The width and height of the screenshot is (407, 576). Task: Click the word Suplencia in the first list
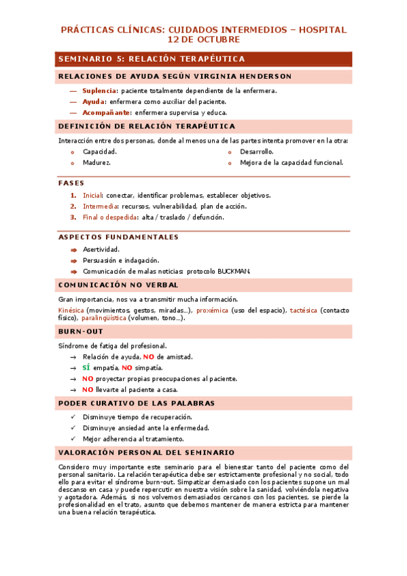pos(99,90)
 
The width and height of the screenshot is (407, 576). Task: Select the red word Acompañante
pos(107,113)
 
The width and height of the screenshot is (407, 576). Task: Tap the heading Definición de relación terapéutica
pos(147,126)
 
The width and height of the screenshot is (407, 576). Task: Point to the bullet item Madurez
pos(96,163)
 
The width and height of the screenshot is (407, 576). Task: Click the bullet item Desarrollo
pos(256,151)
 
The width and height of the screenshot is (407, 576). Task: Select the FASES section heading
pos(71,183)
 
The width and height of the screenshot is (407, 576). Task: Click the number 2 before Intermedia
pos(73,206)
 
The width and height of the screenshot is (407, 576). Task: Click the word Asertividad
pos(101,249)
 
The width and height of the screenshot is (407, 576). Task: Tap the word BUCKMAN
pos(234,272)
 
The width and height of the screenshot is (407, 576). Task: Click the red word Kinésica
pos(72,310)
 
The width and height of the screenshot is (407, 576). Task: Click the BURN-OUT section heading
pos(80,331)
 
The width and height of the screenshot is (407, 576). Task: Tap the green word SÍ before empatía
pos(86,367)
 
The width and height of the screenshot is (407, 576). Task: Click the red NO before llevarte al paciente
pos(88,390)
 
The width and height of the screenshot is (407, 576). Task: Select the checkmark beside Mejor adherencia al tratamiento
pos(73,439)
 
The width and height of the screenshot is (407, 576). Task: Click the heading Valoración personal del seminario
pos(147,452)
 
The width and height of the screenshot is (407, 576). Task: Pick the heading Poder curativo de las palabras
pos(137,403)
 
